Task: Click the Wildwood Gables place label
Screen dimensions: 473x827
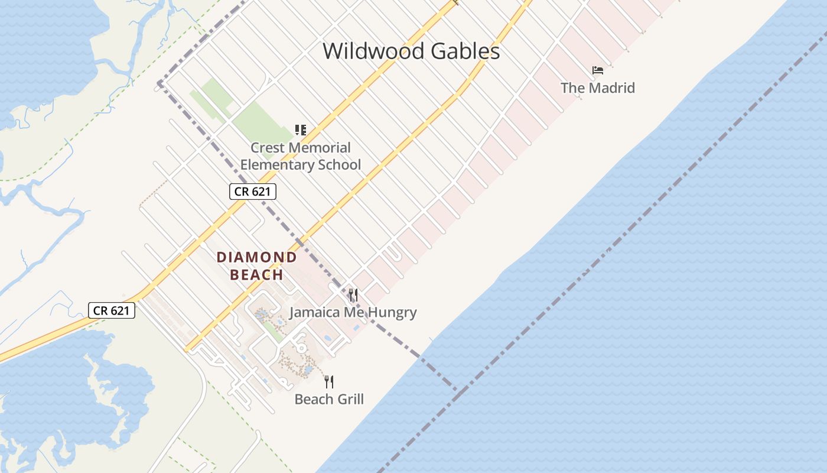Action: click(411, 51)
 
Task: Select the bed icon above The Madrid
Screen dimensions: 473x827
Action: click(598, 70)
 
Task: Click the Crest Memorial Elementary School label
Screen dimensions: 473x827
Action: click(301, 156)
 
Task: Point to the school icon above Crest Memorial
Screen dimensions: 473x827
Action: click(301, 129)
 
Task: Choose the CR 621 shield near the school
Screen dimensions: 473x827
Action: click(253, 192)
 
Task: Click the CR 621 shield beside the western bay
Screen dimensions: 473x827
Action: click(112, 310)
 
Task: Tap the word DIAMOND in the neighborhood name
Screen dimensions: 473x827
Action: click(256, 257)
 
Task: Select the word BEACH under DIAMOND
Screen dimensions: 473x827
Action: click(256, 275)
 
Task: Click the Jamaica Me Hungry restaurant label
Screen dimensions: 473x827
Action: click(353, 313)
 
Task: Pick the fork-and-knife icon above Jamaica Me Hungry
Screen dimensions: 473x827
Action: click(353, 294)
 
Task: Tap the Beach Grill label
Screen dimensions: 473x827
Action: click(329, 399)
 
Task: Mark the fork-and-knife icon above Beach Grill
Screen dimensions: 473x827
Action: click(329, 381)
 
